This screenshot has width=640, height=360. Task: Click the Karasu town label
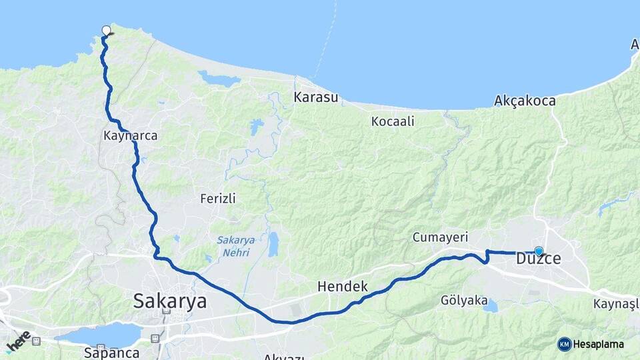316,97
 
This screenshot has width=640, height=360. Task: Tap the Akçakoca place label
525,101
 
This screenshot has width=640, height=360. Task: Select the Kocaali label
393,121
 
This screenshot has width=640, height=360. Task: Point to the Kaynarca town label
131,135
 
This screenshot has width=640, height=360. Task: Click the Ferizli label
218,199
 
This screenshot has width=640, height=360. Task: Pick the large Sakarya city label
170,301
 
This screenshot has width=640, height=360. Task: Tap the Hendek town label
343,287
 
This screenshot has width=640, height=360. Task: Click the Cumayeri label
440,237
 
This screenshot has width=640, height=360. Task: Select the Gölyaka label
464,301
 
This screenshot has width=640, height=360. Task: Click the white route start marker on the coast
106,30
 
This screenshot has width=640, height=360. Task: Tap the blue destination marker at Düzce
539,252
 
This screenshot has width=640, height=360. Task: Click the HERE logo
18,341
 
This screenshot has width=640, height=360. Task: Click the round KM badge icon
565,344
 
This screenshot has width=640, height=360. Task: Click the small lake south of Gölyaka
491,306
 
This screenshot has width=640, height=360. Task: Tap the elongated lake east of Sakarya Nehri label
273,245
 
